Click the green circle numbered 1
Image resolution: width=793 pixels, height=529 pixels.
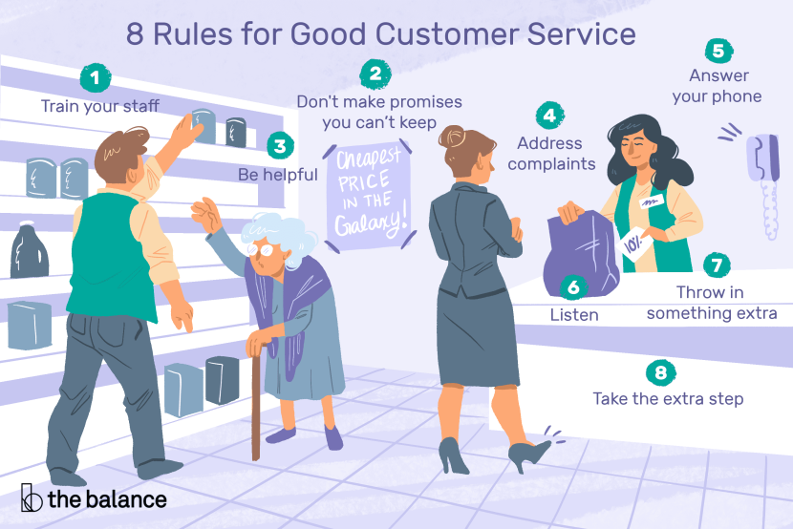93,76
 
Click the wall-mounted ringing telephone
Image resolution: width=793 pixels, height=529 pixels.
764,181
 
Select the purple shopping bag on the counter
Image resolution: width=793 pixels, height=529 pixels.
582,250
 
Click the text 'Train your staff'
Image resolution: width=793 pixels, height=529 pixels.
100,105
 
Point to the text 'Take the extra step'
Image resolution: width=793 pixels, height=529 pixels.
667,398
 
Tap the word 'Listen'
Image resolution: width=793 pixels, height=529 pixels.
573,313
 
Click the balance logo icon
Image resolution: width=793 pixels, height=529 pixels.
32,498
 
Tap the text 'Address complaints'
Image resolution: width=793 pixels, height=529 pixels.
549,154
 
